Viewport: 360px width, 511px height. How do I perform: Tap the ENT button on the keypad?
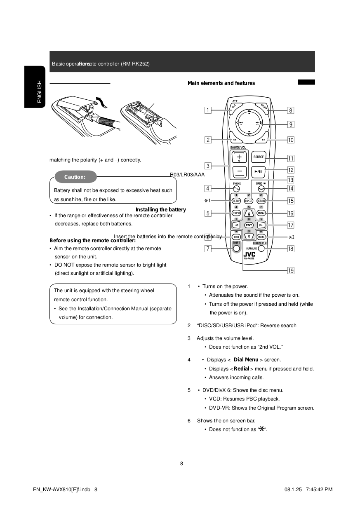tap(249, 225)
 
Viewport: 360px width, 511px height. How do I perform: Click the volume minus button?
tap(239, 172)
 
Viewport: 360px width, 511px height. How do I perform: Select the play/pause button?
tap(259, 171)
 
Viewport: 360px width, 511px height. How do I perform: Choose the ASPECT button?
tap(249, 201)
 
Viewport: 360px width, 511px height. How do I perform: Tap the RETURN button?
tap(261, 201)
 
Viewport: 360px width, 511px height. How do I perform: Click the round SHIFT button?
tap(236, 249)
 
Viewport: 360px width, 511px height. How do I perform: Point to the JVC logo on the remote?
tap(249, 254)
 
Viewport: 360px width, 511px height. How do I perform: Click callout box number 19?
tap(291, 270)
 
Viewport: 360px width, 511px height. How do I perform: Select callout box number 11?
tap(291, 158)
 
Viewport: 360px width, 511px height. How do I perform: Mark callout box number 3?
tap(208, 166)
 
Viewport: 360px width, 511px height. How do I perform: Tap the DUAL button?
tap(261, 237)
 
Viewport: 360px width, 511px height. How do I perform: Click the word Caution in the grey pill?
tap(75, 177)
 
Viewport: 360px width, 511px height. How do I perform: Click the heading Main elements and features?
tap(221, 83)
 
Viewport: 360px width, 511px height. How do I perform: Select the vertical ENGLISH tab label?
tap(39, 91)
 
